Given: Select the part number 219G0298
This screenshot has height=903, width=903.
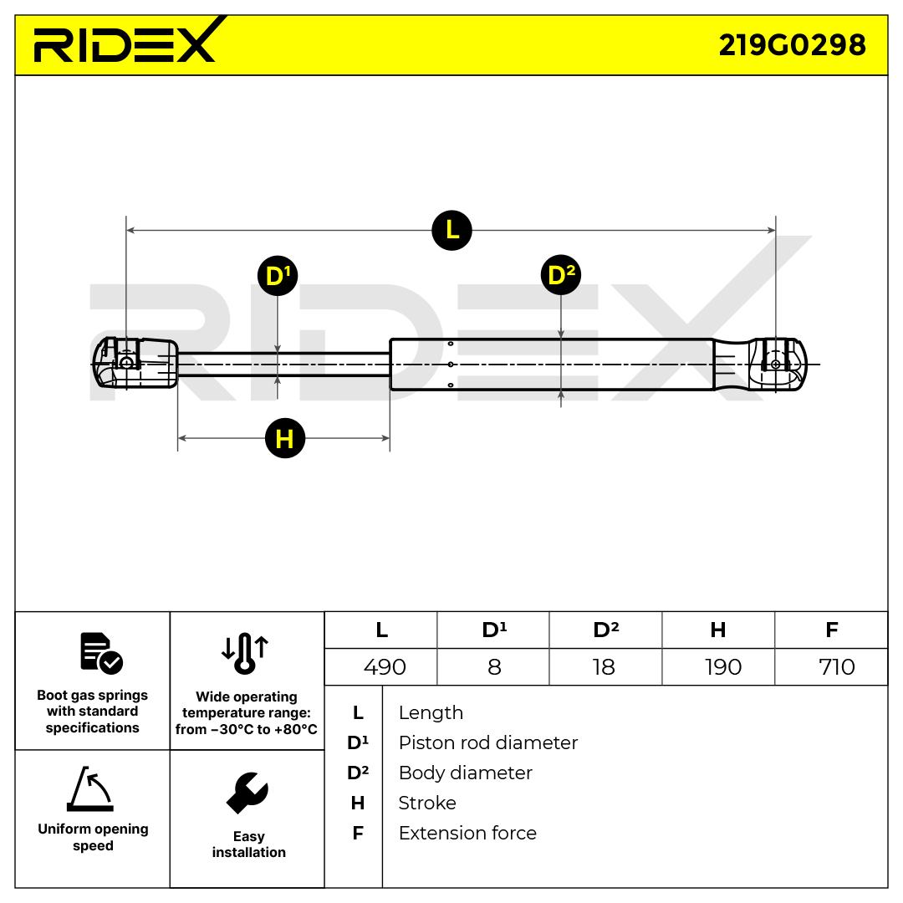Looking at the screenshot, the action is pyautogui.click(x=792, y=44).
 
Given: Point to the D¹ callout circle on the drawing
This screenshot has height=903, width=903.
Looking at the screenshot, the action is pyautogui.click(x=278, y=275).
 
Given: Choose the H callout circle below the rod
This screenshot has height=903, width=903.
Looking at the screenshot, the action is pyautogui.click(x=284, y=438).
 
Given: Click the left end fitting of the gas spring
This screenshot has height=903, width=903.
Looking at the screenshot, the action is pyautogui.click(x=134, y=363).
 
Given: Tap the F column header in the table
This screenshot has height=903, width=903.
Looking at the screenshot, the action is pyautogui.click(x=831, y=630).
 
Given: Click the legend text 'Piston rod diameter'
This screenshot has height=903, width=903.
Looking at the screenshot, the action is pyautogui.click(x=487, y=742).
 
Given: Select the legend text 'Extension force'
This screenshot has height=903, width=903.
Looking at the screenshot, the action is pyautogui.click(x=467, y=833).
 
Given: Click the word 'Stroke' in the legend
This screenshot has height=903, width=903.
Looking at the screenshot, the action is pyautogui.click(x=427, y=803).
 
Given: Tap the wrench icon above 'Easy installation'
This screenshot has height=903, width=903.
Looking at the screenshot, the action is pyautogui.click(x=247, y=793).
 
